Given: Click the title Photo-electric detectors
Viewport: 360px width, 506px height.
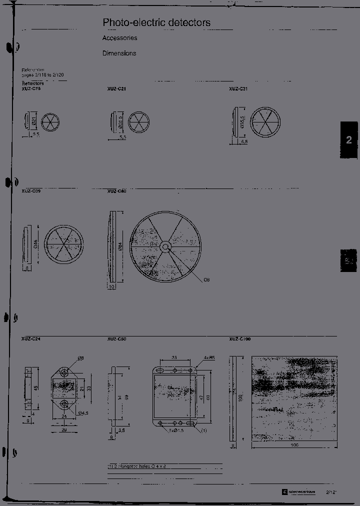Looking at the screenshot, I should pyautogui.click(x=156, y=22).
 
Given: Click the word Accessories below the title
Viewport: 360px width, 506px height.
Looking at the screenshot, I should pyautogui.click(x=119, y=38).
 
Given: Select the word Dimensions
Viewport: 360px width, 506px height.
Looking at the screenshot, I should pyautogui.click(x=119, y=53).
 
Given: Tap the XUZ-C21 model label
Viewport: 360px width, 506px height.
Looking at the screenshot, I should pyautogui.click(x=116, y=89).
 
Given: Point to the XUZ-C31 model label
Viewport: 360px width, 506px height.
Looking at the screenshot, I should pyautogui.click(x=238, y=89).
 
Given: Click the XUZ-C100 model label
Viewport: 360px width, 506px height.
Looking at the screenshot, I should pyautogui.click(x=240, y=339).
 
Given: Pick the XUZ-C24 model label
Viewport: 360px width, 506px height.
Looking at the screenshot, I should pyautogui.click(x=31, y=339).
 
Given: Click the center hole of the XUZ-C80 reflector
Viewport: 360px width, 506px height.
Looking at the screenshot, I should pyautogui.click(x=165, y=246).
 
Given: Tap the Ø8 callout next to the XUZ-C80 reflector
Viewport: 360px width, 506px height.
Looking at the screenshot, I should pyautogui.click(x=206, y=279).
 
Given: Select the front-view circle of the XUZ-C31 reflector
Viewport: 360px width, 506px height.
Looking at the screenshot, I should pyautogui.click(x=264, y=122).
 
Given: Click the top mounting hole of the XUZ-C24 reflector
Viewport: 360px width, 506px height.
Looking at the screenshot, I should pyautogui.click(x=64, y=373).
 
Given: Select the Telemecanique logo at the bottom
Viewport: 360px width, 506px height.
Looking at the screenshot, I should pyautogui.click(x=299, y=492).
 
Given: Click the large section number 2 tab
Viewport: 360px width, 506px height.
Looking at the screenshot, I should pyautogui.click(x=349, y=140).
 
